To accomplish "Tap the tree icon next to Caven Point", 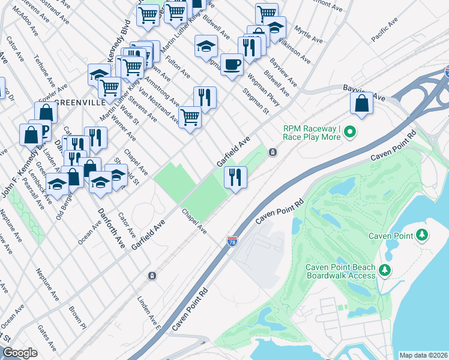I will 423,235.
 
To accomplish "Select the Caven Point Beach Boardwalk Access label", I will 340,271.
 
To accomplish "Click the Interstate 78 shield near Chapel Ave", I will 232,241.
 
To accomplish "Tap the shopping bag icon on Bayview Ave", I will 362,103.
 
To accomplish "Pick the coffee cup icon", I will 232,63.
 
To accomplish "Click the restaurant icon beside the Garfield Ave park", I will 235,177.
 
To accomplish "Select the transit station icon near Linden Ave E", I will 152,275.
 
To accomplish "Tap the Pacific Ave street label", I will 384,30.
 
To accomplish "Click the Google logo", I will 20,353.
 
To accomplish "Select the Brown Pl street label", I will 77,316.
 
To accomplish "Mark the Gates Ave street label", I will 46,338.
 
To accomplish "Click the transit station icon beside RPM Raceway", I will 273,152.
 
